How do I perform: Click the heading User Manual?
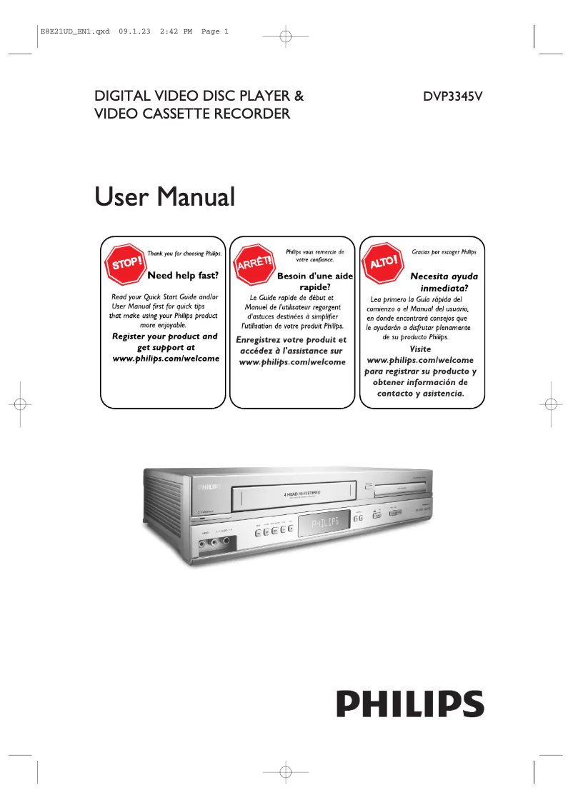(x=165, y=196)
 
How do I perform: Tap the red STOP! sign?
(x=126, y=264)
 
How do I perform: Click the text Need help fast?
(x=182, y=275)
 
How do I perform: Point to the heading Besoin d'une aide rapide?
(x=314, y=281)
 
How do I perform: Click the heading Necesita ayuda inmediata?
(x=444, y=281)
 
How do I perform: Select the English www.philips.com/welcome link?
(x=166, y=358)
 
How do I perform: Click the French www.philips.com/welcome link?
(x=292, y=362)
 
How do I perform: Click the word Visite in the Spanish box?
(x=420, y=349)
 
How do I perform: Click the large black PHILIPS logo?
(x=411, y=704)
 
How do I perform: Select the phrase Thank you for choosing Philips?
(x=184, y=253)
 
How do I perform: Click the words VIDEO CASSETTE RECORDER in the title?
(x=193, y=114)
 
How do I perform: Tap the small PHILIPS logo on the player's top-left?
(x=209, y=485)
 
